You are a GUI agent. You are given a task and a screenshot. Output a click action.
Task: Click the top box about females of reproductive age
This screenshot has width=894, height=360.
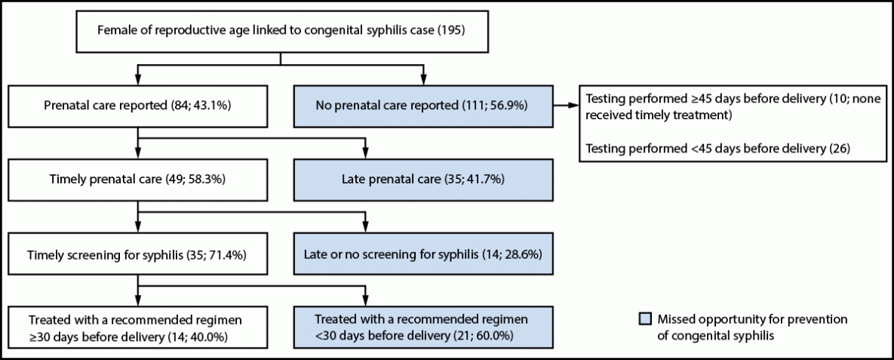click(x=281, y=31)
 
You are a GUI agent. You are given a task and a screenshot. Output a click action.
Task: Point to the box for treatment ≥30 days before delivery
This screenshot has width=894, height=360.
click(x=137, y=326)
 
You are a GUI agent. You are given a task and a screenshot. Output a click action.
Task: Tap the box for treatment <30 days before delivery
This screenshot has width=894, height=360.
click(x=423, y=326)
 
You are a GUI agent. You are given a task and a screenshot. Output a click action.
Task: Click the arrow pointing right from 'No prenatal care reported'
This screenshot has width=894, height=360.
click(x=567, y=106)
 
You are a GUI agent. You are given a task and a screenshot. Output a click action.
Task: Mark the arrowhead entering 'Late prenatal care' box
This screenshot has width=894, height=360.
click(x=367, y=155)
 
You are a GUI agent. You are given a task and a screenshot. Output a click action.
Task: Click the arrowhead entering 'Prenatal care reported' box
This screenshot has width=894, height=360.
click(x=137, y=80)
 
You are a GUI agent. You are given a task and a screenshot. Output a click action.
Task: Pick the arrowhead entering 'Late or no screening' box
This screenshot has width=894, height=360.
click(x=367, y=229)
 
